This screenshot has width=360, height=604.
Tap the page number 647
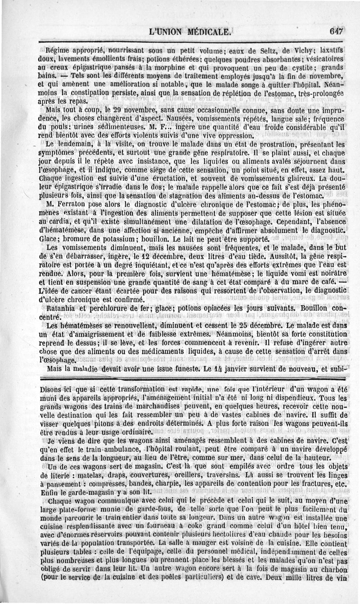click(336, 32)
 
